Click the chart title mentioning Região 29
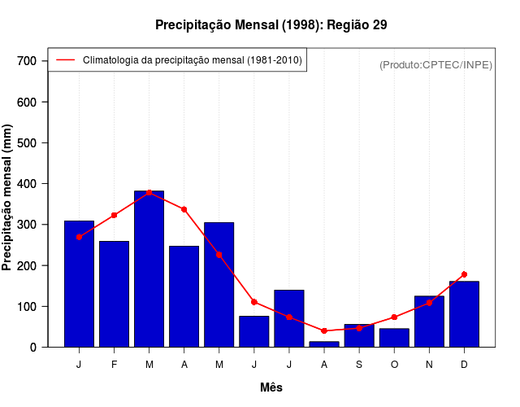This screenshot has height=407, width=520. pos(271,25)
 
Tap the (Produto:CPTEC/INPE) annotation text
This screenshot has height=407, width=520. pos(435,64)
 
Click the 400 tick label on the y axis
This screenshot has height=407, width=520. pos(28,184)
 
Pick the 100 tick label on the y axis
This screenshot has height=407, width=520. pos(28,307)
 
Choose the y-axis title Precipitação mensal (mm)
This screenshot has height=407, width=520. pos(7,197)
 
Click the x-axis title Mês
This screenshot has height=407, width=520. pos(271,387)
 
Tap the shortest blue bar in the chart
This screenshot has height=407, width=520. pos(324,344)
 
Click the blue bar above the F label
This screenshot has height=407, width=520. pos(114,294)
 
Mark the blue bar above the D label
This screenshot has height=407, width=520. pos(464,314)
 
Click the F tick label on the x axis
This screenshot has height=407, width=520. pos(114,364)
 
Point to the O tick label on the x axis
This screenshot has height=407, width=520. pos(394,364)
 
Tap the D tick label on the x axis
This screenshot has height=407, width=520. pos(464,364)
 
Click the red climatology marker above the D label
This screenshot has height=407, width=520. pos(464,274)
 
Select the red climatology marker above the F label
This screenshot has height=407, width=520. pos(114,215)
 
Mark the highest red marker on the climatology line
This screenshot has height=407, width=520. pos(149,192)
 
